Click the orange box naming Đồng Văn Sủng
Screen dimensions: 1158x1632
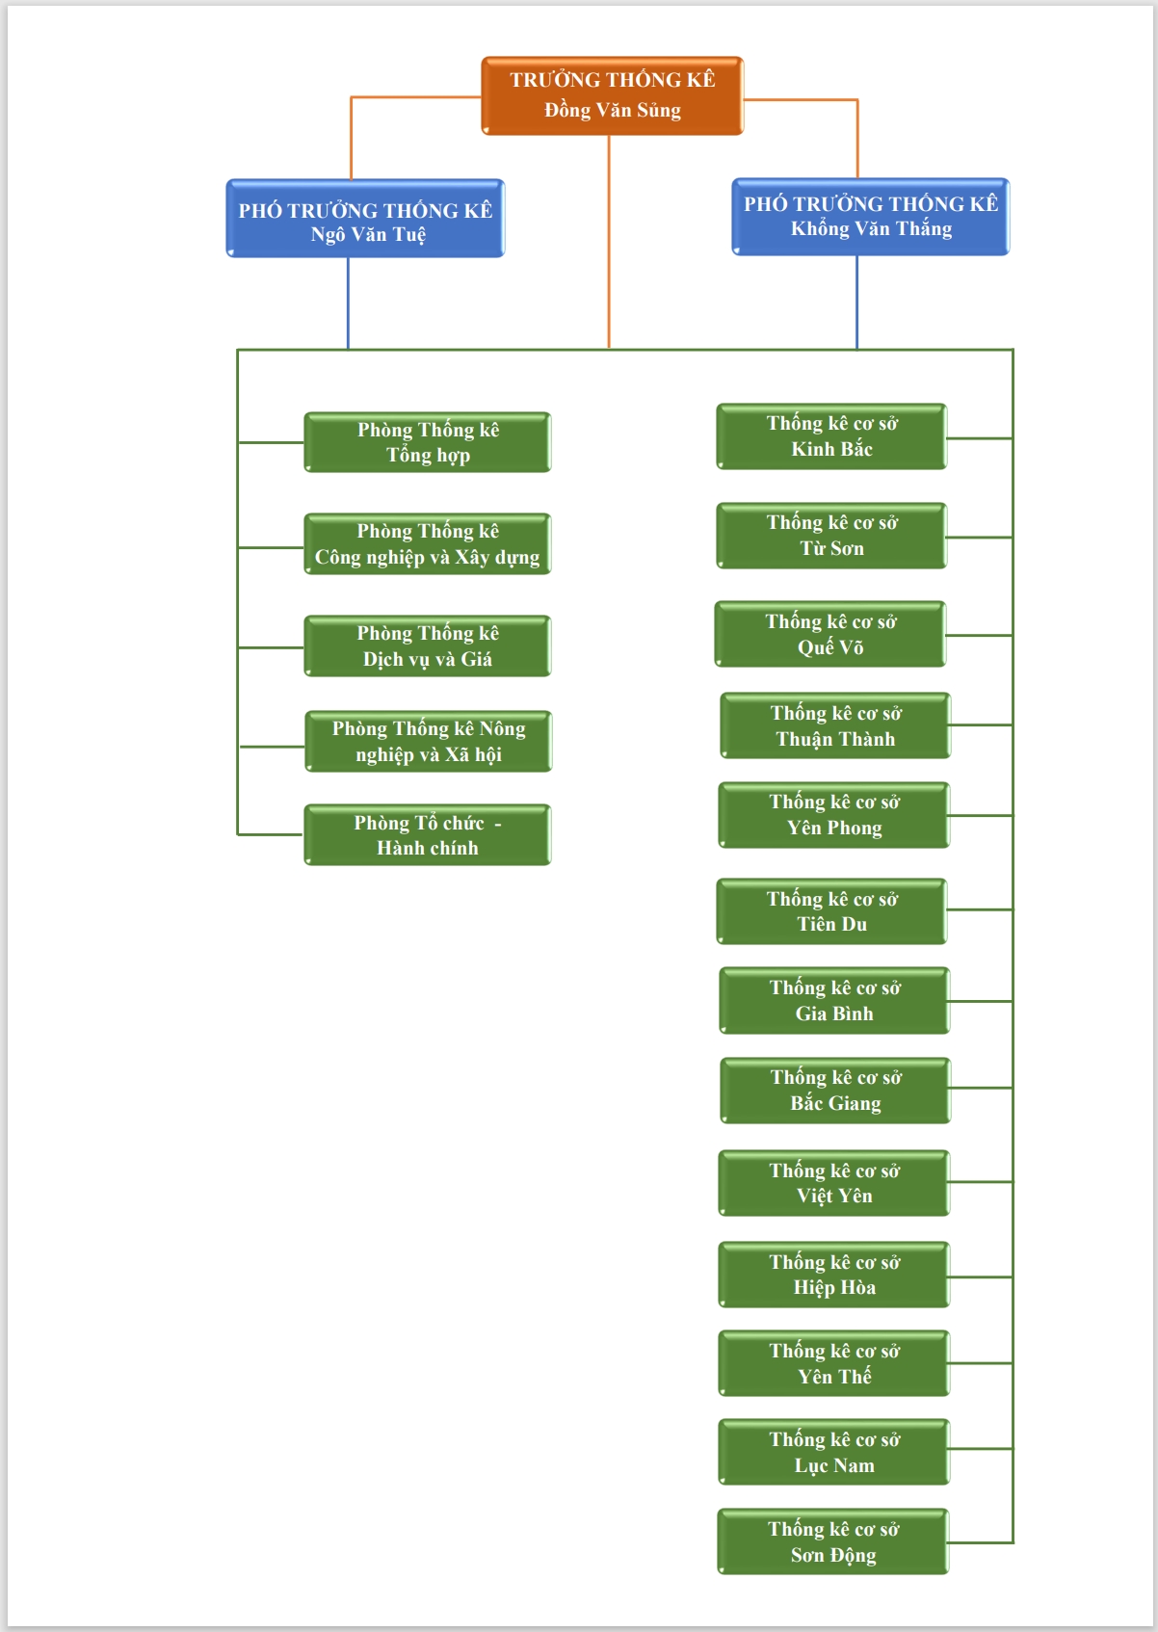(612, 95)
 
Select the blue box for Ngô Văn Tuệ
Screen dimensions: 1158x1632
(365, 219)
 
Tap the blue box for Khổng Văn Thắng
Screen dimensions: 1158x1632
(871, 217)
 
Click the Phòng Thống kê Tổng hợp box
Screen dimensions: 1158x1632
(428, 442)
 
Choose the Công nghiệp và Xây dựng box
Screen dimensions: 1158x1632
(428, 544)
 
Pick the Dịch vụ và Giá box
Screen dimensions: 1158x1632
(428, 646)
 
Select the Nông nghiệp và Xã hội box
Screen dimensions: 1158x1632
(429, 742)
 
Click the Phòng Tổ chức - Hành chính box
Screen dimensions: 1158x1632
(428, 835)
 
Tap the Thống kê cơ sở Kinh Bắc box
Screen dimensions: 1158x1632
(831, 436)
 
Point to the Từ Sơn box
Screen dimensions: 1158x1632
(831, 536)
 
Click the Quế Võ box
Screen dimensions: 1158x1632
(830, 634)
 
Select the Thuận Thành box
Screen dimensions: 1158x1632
(835, 725)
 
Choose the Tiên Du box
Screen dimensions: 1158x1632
(831, 911)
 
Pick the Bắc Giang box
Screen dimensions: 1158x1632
(835, 1091)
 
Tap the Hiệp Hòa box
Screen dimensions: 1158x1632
(833, 1275)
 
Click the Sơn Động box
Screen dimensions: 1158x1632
(833, 1541)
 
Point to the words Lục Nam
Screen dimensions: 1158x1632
(834, 1466)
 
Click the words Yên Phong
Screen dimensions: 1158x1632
(834, 829)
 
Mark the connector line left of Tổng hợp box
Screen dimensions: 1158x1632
(271, 442)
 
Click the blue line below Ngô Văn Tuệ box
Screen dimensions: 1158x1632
(348, 303)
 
